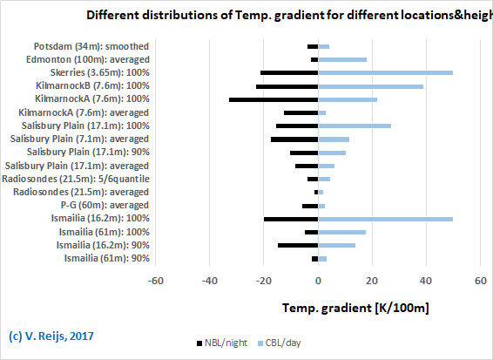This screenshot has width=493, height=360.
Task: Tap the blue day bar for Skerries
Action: point(385,72)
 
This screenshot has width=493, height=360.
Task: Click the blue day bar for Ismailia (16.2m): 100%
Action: point(385,219)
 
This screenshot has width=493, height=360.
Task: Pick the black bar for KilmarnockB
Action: point(287,86)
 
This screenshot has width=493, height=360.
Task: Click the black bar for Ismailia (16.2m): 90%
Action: point(298,245)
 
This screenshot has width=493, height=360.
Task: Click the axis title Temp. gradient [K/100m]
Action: point(355,309)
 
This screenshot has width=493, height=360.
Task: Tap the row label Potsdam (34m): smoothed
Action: point(91,46)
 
